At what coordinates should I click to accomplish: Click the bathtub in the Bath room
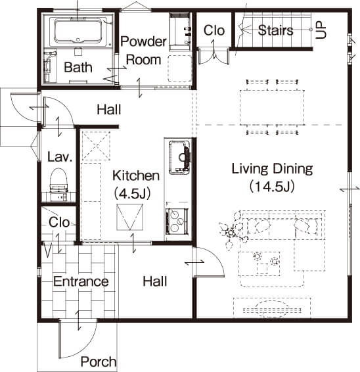pos(78,31)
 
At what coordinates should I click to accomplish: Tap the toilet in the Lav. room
pos(59,180)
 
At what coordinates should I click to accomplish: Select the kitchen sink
pos(179,158)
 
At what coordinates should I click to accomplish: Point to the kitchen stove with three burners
pos(177,221)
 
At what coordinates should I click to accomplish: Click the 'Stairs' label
pos(275,30)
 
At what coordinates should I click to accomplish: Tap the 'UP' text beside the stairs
pos(321,30)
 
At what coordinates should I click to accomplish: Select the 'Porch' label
pos(99,361)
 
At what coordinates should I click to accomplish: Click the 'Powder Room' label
pos(143,51)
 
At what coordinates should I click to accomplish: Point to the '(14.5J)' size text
pos(272,187)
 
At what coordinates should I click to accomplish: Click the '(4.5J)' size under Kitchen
pos(132,193)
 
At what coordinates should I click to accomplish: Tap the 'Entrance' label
pos(81,281)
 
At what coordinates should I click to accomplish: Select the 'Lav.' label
pos(60,157)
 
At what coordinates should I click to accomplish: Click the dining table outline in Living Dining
pos(272,108)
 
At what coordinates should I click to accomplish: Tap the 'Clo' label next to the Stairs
pos(214,30)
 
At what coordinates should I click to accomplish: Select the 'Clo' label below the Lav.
pos(59,222)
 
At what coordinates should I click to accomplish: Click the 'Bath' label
pos(78,67)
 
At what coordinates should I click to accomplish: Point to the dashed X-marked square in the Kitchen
pos(96,146)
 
